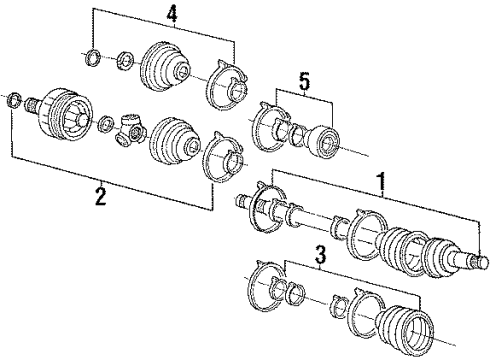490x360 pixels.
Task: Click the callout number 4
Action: [171, 15]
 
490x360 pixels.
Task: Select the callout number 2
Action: [98, 195]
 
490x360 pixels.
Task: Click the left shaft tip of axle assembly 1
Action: [241, 201]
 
